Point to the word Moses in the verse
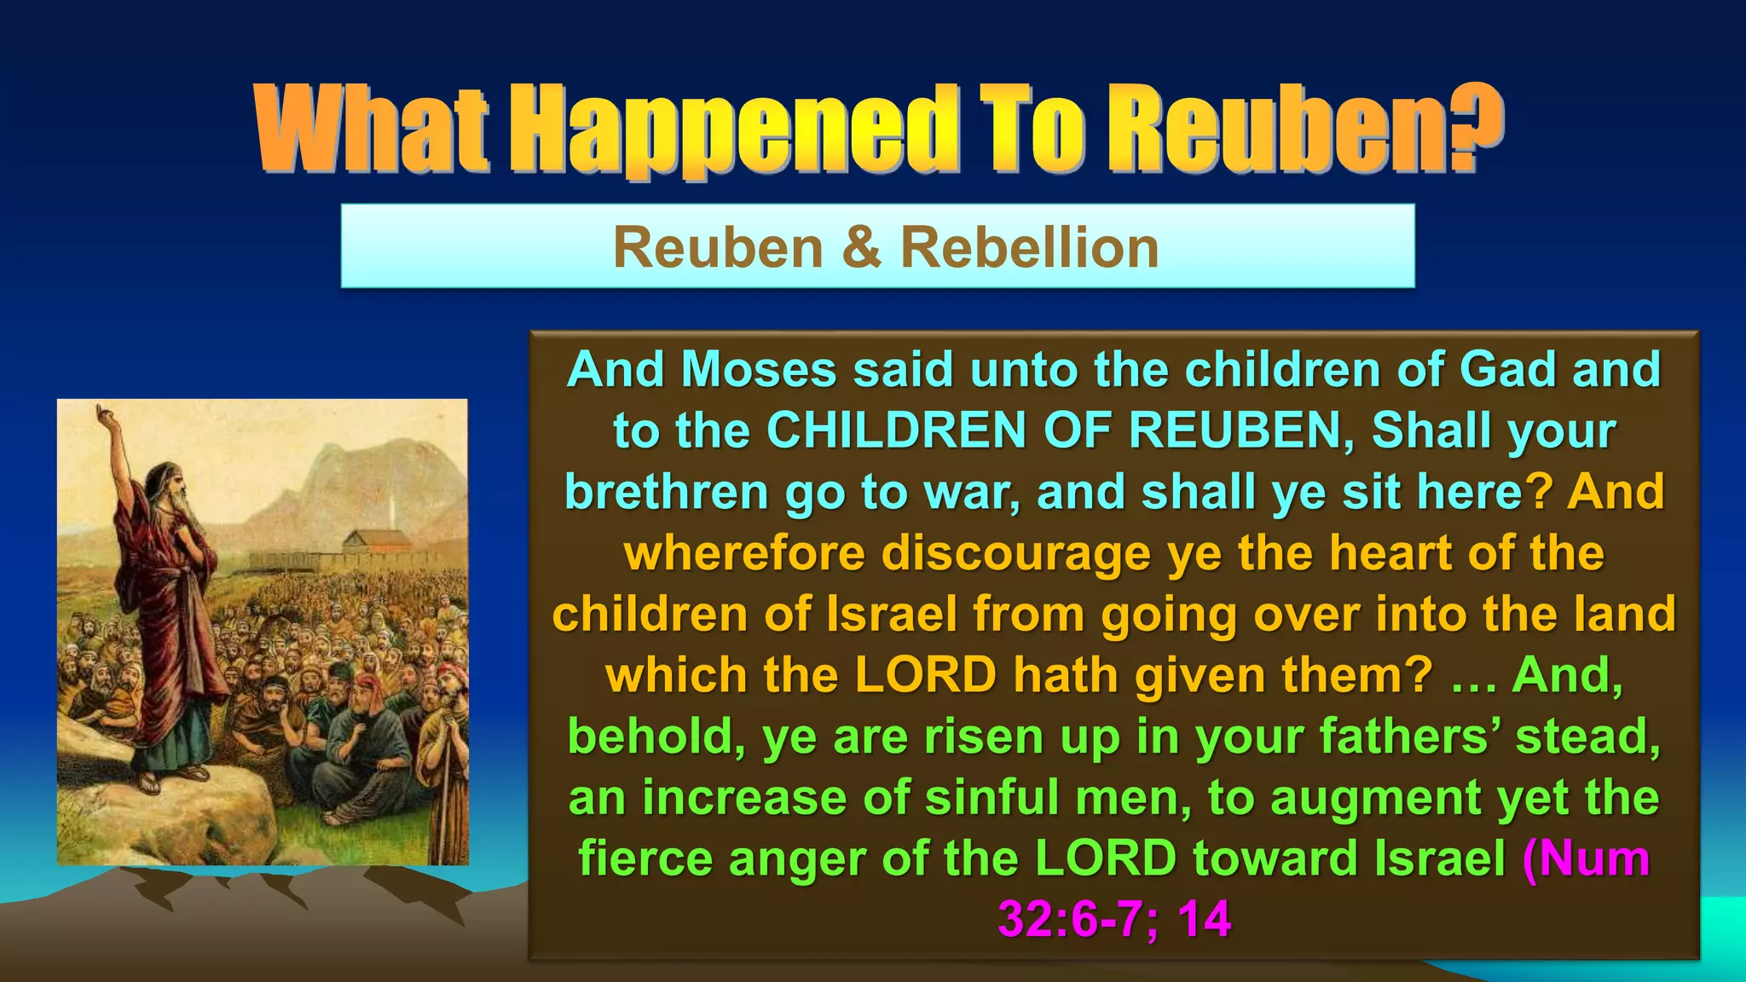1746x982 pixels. coord(759,370)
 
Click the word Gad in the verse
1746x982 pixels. coord(1509,370)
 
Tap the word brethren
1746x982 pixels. coord(667,492)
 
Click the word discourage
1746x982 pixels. coord(1016,554)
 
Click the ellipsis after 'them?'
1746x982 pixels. coord(1472,677)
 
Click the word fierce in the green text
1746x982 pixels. coord(645,858)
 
